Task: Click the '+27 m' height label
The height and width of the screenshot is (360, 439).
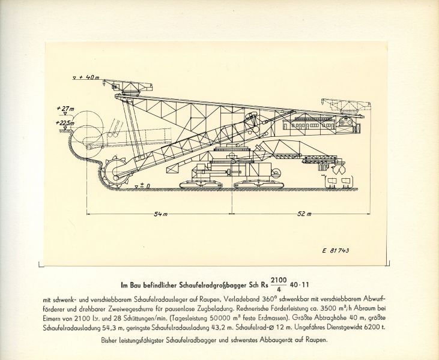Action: pyautogui.click(x=62, y=109)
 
